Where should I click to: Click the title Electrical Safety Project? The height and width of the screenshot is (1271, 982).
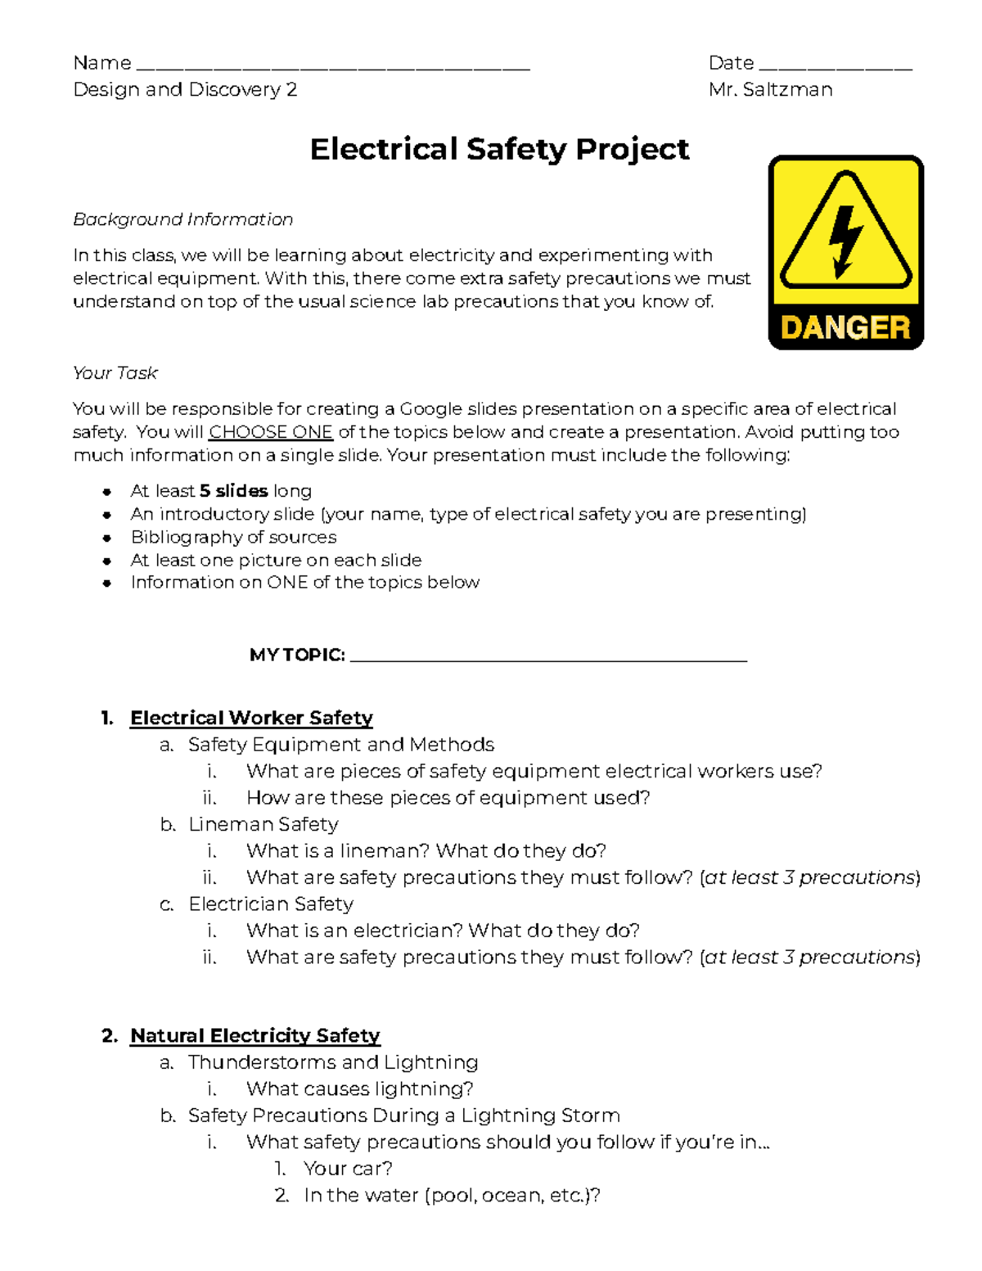(499, 149)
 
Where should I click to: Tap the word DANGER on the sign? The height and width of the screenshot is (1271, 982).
(845, 328)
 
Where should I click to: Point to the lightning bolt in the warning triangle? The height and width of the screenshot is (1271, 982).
(845, 238)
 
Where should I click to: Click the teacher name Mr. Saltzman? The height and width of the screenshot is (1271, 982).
(771, 90)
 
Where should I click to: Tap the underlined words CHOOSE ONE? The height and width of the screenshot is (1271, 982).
(271, 432)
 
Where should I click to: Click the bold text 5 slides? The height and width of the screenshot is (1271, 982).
(234, 491)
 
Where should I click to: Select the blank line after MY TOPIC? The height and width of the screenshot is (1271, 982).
(548, 658)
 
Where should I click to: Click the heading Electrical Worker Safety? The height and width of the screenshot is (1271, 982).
(251, 718)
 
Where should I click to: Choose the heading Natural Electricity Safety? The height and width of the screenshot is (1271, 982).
(255, 1035)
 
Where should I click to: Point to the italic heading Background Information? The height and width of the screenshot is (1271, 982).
(183, 219)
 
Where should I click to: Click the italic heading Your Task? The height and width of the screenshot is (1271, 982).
(115, 373)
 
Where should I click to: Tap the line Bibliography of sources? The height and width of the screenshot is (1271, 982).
(234, 537)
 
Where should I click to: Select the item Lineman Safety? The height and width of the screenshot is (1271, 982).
(264, 824)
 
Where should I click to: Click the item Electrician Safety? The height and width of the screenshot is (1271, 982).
(271, 904)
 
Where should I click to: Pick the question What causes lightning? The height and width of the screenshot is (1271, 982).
(360, 1088)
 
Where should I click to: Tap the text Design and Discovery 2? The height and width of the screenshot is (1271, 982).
(185, 90)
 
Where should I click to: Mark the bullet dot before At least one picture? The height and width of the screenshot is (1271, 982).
(106, 561)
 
